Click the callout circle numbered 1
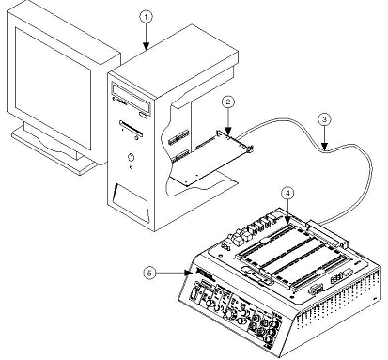(x=146, y=18)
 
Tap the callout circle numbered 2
(x=228, y=102)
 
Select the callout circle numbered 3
(x=324, y=119)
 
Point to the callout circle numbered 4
(x=287, y=194)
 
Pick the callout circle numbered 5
(x=150, y=273)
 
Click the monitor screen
(x=54, y=88)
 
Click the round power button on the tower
(x=132, y=157)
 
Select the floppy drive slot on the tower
(x=131, y=129)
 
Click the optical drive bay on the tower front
(x=132, y=97)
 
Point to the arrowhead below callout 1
(x=146, y=47)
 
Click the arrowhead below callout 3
(x=324, y=147)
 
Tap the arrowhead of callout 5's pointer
(x=188, y=273)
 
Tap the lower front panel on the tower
(x=131, y=203)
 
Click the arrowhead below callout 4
(x=287, y=221)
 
